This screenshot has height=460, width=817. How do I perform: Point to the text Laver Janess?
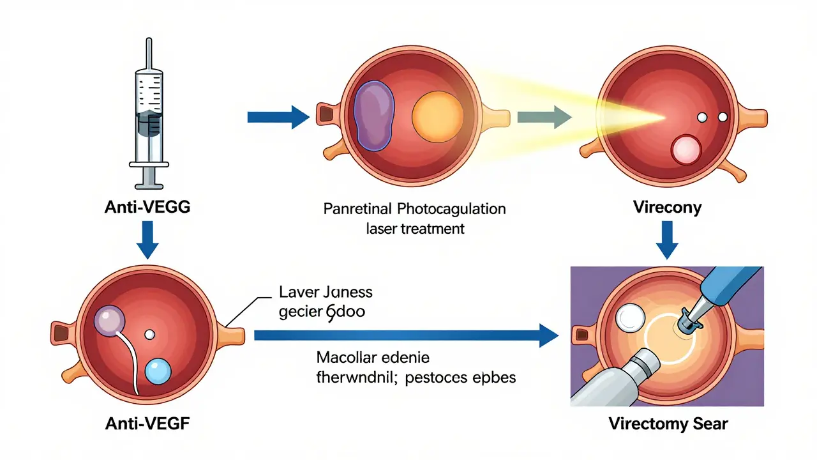[x=326, y=293]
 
